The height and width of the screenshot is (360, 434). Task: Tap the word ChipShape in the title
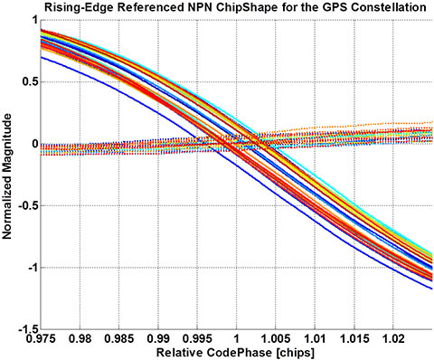[x=219, y=8]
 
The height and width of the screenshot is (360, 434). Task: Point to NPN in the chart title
[x=169, y=8]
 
